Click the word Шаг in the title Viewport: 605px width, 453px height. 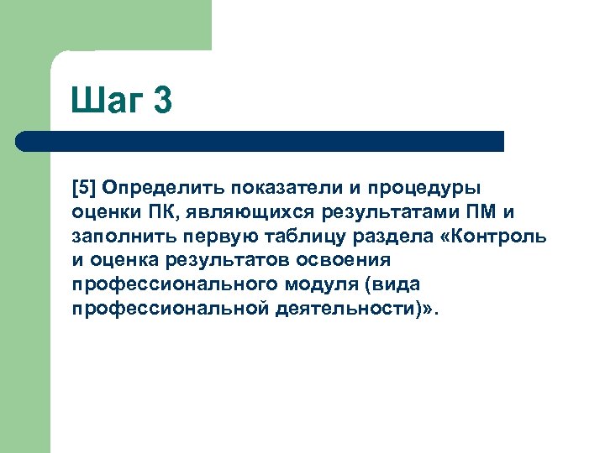pos(107,102)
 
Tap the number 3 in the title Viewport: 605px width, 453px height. pos(162,101)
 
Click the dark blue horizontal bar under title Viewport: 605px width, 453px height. pos(260,141)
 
